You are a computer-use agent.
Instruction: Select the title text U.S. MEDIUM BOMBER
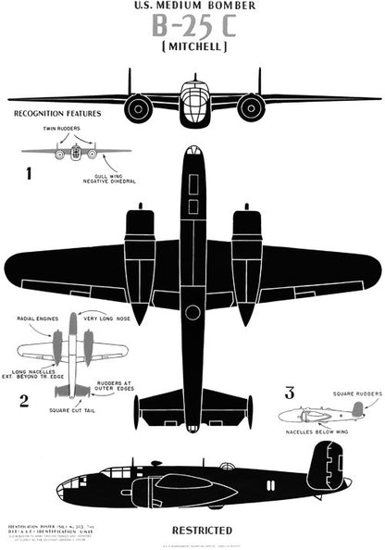[x=193, y=6]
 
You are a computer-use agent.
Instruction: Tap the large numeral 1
[x=29, y=171]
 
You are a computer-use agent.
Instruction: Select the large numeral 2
[x=26, y=400]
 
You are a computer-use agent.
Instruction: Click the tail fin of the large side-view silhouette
[x=326, y=465]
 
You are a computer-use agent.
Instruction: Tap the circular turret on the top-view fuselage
[x=192, y=312]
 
